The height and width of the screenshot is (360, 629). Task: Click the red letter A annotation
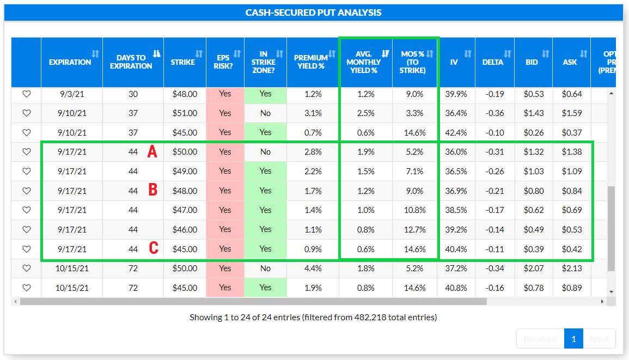152,152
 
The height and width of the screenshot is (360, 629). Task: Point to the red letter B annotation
153,191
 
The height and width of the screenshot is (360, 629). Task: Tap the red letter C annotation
154,249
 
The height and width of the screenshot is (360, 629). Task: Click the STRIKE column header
183,62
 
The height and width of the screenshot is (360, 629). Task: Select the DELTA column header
492,62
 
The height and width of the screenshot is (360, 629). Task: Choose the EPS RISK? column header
225,62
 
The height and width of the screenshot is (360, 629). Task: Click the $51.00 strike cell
185,113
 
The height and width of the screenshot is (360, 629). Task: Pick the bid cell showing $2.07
533,269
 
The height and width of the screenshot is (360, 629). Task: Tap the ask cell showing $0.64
572,94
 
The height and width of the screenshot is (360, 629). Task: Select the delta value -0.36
494,113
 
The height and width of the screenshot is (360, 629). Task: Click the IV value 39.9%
456,94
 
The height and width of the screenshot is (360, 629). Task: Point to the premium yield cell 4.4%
313,269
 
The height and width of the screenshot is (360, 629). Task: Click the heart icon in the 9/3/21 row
26,94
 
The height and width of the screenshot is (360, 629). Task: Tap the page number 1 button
573,339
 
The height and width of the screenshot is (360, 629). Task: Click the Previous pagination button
540,339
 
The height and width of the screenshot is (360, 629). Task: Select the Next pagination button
599,339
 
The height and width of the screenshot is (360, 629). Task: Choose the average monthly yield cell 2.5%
366,113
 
